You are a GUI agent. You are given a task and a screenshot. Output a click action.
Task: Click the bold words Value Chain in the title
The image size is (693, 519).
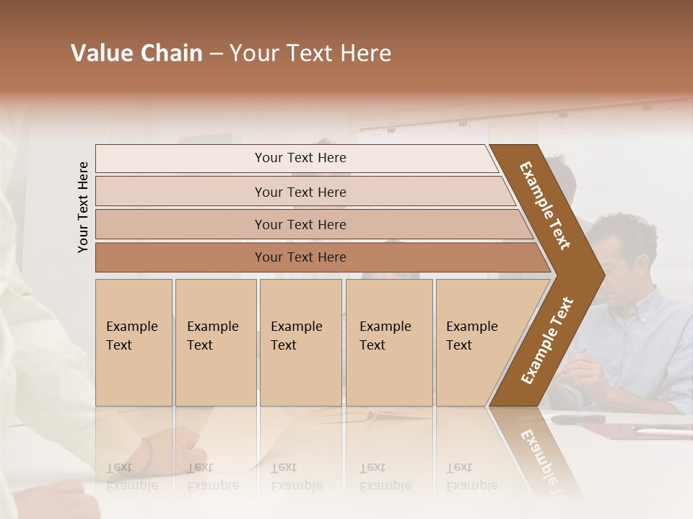136,53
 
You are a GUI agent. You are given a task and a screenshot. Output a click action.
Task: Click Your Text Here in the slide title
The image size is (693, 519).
310,53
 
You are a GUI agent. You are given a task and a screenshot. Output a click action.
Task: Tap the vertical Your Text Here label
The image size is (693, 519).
83,207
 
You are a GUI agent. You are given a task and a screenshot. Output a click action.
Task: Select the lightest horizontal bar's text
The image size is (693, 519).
300,158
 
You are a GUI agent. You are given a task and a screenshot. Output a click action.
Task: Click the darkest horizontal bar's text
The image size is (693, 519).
300,257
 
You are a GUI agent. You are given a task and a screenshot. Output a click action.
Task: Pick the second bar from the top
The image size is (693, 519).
300,192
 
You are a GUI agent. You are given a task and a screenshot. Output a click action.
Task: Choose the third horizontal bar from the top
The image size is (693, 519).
300,224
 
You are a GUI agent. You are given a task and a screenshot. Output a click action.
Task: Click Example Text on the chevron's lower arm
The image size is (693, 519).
546,341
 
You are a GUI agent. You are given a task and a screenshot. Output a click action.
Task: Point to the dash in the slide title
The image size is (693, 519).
216,54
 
